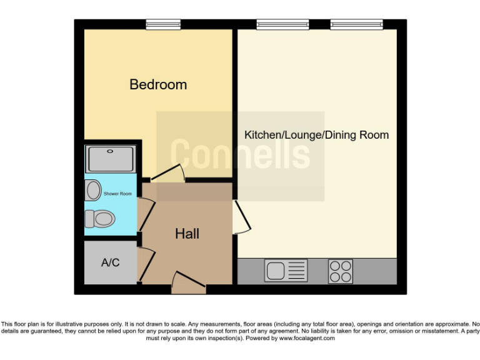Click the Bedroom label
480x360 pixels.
(158, 84)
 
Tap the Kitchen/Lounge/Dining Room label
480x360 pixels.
(316, 135)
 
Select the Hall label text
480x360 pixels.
(187, 234)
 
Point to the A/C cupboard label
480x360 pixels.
(110, 262)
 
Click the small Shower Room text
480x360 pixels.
(117, 194)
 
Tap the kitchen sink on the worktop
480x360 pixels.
(286, 271)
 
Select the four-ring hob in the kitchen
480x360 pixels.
(341, 271)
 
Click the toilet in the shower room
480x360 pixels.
(100, 218)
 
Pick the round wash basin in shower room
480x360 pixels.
(93, 190)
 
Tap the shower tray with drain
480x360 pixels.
(111, 159)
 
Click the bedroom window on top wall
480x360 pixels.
(163, 24)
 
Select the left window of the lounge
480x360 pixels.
(282, 24)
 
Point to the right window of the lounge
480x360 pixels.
(356, 24)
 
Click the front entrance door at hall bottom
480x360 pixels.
(189, 284)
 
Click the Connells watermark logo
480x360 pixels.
(240, 154)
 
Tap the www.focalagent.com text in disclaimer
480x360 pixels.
(307, 338)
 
